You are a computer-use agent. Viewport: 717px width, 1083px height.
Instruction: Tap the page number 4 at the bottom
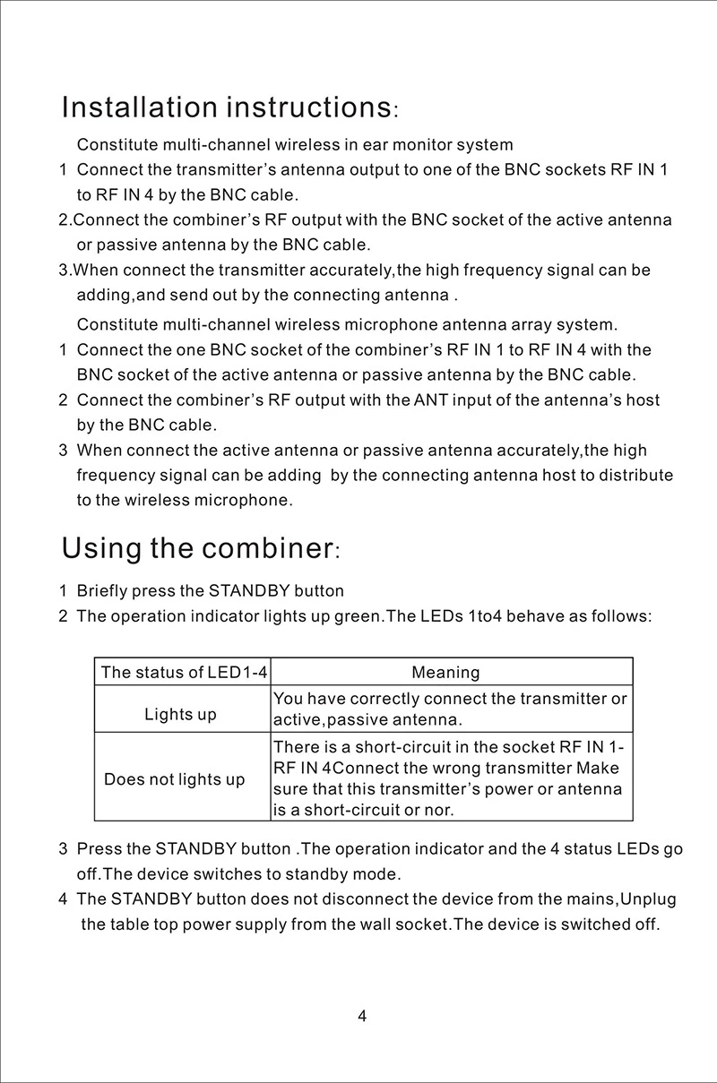coord(362,1016)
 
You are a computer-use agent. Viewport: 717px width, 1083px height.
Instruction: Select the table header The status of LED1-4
coord(183,672)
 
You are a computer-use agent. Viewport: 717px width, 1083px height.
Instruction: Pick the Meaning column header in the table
coord(445,672)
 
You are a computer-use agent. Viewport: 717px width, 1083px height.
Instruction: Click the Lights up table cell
coord(181,714)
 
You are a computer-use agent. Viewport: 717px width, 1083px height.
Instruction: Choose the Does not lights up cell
coord(175,779)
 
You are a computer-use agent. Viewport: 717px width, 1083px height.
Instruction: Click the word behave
coord(535,616)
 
